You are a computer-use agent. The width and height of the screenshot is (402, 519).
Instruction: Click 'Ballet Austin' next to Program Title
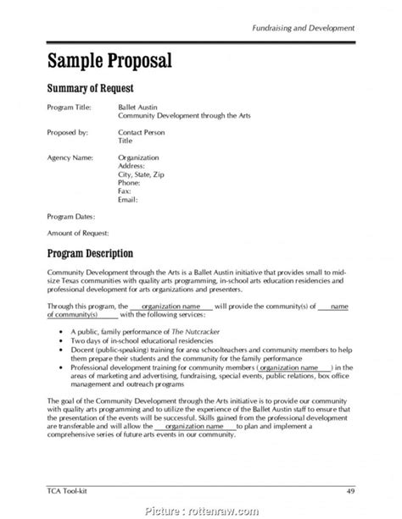click(x=137, y=108)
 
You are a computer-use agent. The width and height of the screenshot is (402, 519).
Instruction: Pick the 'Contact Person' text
click(x=142, y=133)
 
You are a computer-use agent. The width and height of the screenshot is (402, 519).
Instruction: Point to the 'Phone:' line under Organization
click(x=130, y=182)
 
